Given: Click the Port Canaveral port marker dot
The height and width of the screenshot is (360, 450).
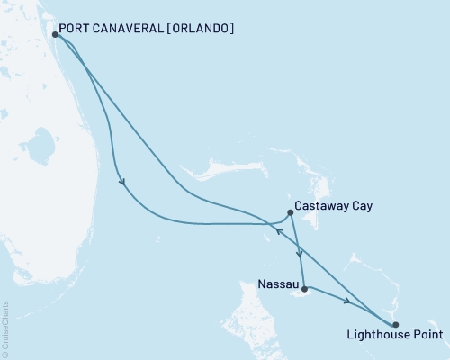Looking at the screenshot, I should tap(56, 35).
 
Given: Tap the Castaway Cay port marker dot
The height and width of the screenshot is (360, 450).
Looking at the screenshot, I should tap(290, 213).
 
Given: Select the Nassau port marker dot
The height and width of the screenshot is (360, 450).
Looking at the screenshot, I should tap(304, 289).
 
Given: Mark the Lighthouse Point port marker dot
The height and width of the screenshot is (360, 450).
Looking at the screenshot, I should tap(395, 324).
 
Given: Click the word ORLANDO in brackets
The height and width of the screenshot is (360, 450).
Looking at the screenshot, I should tap(199, 29).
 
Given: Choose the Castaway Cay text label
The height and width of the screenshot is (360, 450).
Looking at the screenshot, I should tap(334, 206).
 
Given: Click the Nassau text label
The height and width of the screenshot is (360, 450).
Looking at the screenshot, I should tap(274, 283).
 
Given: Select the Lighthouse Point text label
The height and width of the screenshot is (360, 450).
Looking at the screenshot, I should tap(394, 337).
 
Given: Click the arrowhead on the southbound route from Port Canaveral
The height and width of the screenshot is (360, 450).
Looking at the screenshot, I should tap(121, 183).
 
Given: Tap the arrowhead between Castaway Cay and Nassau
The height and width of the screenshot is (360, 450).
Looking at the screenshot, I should tap(299, 254).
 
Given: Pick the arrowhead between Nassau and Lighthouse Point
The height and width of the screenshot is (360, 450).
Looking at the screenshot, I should tap(346, 301).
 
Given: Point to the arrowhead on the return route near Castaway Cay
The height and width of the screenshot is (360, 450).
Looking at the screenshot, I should tap(278, 230).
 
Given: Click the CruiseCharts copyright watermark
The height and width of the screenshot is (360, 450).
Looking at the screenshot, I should tap(6, 328).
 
